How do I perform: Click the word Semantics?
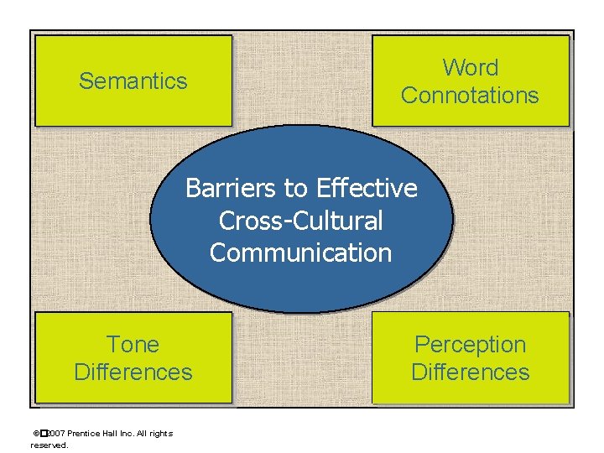(133, 81)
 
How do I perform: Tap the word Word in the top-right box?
(470, 68)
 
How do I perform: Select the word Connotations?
(470, 96)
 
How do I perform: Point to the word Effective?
(367, 189)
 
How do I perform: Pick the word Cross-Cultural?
(300, 221)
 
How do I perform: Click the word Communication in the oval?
(300, 253)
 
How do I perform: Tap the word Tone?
(133, 345)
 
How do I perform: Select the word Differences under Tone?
(133, 372)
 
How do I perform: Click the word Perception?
(470, 345)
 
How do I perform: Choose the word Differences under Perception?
(470, 372)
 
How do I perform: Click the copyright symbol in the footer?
(36, 434)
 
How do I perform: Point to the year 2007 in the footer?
(54, 434)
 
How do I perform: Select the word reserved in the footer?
(49, 445)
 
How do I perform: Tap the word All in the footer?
(143, 434)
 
